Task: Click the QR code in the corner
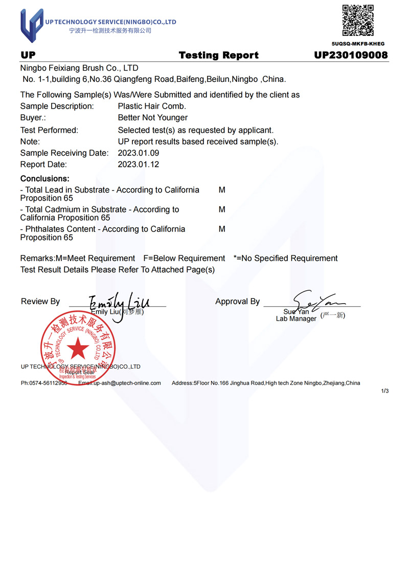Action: (358, 20)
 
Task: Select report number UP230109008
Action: (351, 55)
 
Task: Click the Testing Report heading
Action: (219, 55)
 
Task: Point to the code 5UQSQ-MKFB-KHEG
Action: (358, 44)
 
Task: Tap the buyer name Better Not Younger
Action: (152, 118)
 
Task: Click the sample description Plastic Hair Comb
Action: (152, 106)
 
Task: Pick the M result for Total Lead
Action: (222, 190)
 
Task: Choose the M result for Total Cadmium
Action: (222, 209)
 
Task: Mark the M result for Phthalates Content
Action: (222, 229)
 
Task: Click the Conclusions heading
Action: (44, 179)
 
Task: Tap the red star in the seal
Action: (78, 348)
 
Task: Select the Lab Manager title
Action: (296, 319)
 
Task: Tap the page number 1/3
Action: (385, 391)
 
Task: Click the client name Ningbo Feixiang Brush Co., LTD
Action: (79, 68)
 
